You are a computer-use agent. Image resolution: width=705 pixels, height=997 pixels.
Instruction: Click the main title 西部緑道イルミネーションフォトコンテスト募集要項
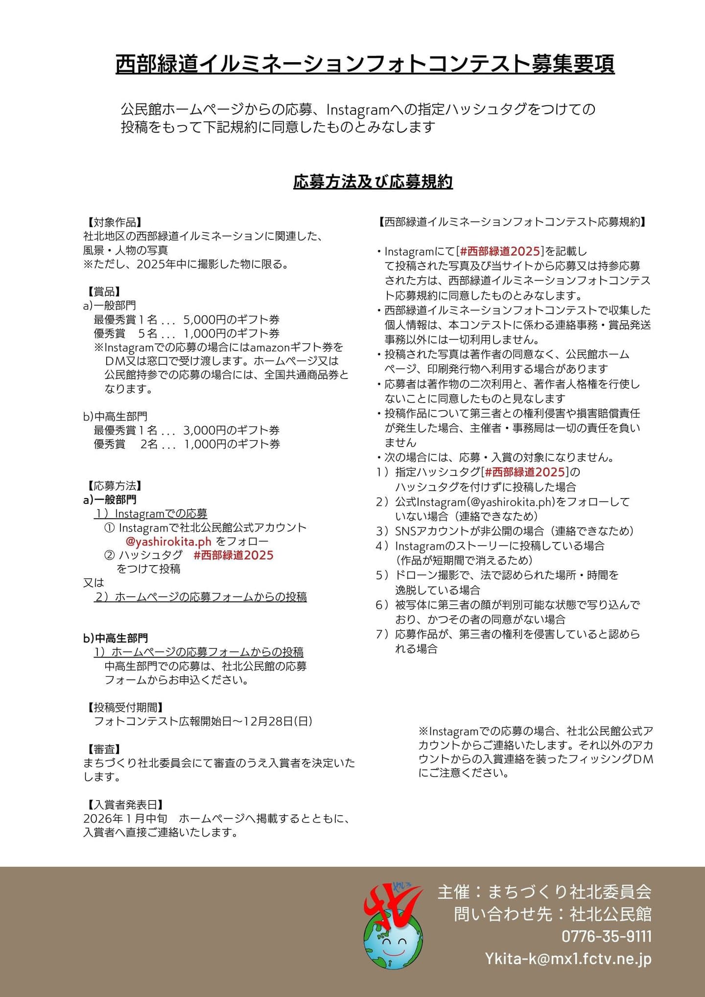pos(365,64)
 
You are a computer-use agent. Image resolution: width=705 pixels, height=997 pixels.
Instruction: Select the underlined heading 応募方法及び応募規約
pos(373,182)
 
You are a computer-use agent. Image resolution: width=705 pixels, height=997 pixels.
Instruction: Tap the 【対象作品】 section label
pos(113,223)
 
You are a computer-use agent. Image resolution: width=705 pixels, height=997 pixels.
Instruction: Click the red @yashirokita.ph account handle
pos(168,542)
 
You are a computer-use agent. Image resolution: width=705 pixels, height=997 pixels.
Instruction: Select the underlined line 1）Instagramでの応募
pos(151,514)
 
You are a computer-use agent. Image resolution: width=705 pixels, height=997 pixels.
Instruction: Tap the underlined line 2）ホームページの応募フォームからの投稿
pos(201,597)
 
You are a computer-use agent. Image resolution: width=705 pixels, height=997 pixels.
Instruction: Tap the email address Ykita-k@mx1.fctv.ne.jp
pos(568,959)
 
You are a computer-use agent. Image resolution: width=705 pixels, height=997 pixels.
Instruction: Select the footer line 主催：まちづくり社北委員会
pos(544,892)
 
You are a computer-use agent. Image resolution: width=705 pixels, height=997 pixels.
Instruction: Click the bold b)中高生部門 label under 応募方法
pos(116,639)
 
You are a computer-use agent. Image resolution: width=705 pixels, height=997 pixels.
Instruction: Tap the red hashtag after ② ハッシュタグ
pos(234,555)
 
